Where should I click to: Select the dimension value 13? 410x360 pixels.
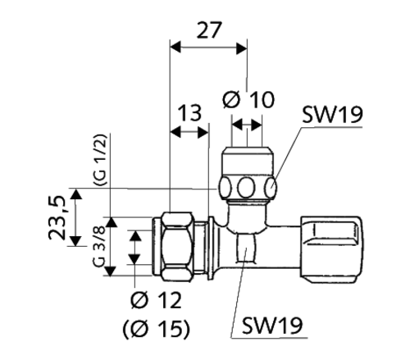point(189,112)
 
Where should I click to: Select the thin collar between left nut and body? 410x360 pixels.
point(214,244)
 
